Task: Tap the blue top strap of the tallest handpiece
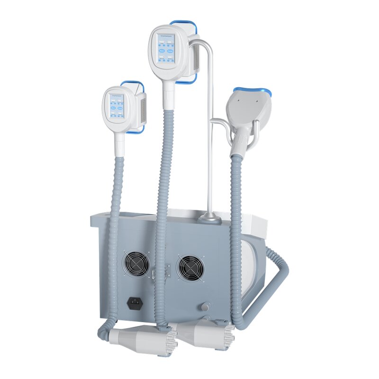(183, 23)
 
